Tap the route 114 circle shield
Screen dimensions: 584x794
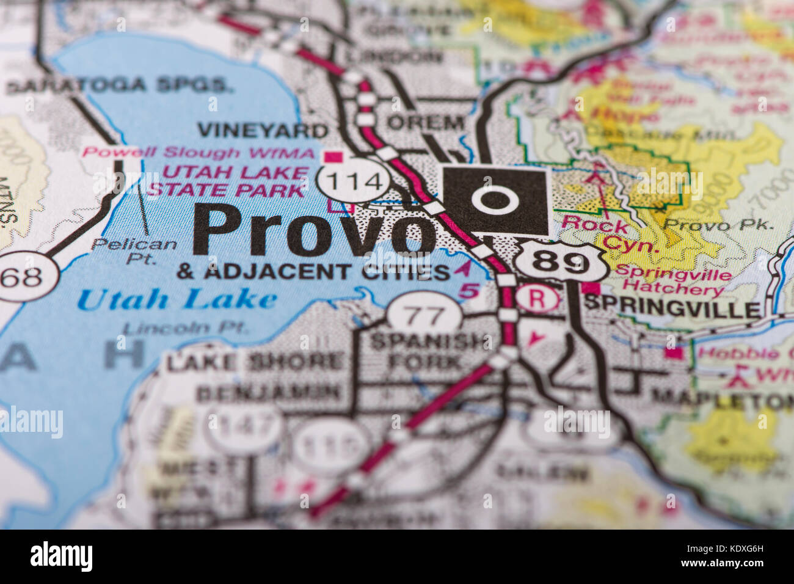pyautogui.click(x=353, y=181)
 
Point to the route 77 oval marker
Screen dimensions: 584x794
pyautogui.click(x=425, y=316)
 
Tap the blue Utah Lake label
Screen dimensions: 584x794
pyautogui.click(x=177, y=299)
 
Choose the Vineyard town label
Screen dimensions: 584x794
pyautogui.click(x=263, y=130)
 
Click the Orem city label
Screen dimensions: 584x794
pyautogui.click(x=426, y=122)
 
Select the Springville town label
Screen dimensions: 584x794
pyautogui.click(x=672, y=309)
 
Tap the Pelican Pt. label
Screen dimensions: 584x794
pyautogui.click(x=134, y=250)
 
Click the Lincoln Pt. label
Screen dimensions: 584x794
pyautogui.click(x=186, y=328)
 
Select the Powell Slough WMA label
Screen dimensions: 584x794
pyautogui.click(x=199, y=153)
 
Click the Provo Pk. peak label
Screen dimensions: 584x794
pyautogui.click(x=718, y=224)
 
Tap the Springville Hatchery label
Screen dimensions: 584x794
pyautogui.click(x=673, y=282)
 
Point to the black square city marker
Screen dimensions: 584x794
pyautogui.click(x=495, y=200)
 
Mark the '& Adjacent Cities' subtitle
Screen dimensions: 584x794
pyautogui.click(x=313, y=272)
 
